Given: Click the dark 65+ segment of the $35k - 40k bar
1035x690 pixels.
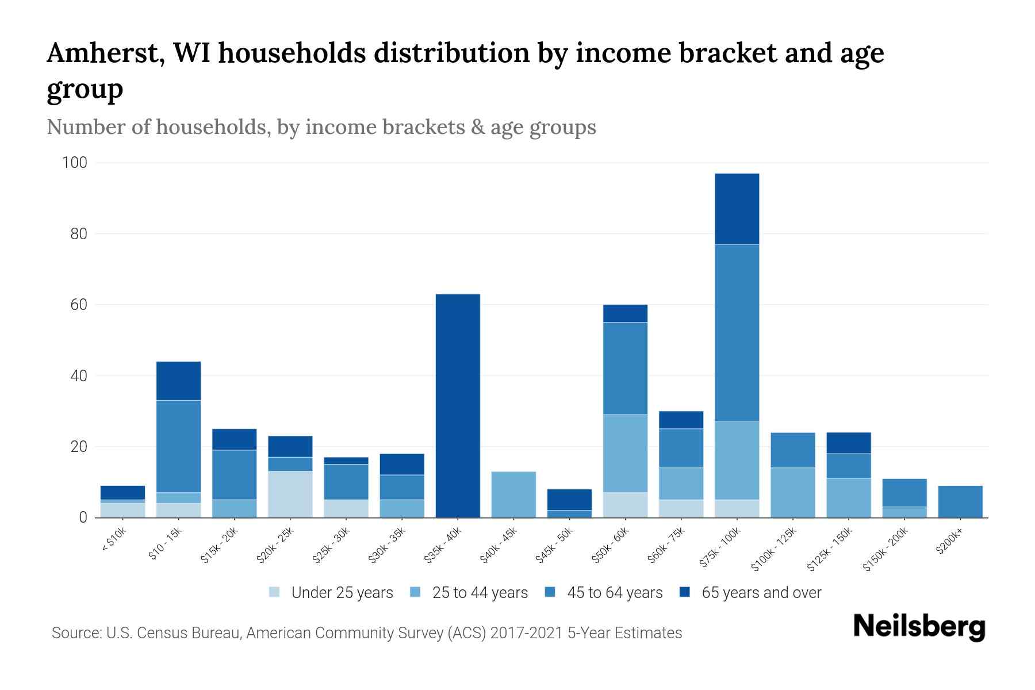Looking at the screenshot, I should (458, 405).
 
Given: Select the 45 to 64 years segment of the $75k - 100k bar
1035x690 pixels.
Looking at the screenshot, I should (737, 333).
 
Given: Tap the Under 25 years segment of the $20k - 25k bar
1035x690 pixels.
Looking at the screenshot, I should (290, 494).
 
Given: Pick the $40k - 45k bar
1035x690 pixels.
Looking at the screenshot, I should (513, 494).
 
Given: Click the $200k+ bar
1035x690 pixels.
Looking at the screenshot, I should (960, 501).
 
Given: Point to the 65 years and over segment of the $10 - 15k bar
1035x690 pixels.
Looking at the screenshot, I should (178, 381).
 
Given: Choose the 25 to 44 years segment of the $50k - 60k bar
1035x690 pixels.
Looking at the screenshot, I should (625, 453).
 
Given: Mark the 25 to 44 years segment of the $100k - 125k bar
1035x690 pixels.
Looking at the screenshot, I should (792, 492).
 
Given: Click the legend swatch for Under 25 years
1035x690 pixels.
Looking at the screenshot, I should (274, 592).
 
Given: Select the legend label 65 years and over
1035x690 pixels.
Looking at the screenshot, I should (761, 593).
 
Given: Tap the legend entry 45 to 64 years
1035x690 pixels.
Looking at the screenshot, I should (615, 593).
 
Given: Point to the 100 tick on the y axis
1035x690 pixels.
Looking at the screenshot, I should (75, 163).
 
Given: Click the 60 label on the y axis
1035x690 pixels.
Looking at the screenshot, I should (79, 305).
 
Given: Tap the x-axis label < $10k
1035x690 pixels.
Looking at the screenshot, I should (114, 540).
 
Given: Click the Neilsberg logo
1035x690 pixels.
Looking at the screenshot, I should (919, 627).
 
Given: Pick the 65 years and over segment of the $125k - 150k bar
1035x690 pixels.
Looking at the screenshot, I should (848, 443).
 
